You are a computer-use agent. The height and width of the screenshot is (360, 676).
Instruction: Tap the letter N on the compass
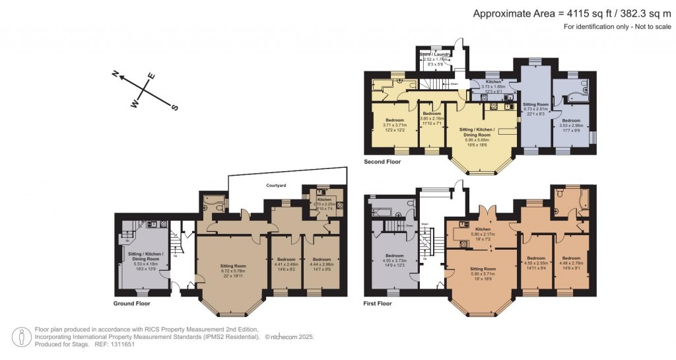(115, 75)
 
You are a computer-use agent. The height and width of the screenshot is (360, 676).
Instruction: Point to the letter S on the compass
(175, 107)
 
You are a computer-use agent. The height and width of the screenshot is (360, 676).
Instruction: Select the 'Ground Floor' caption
(132, 304)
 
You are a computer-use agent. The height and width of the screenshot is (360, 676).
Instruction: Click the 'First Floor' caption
(378, 304)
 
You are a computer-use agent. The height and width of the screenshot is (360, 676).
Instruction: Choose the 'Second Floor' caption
(382, 161)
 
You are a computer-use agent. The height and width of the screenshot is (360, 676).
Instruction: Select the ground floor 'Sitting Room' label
(232, 266)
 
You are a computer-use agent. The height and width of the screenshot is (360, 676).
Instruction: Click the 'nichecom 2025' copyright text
(290, 337)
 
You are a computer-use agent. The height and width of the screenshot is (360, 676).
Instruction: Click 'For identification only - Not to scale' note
(616, 26)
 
